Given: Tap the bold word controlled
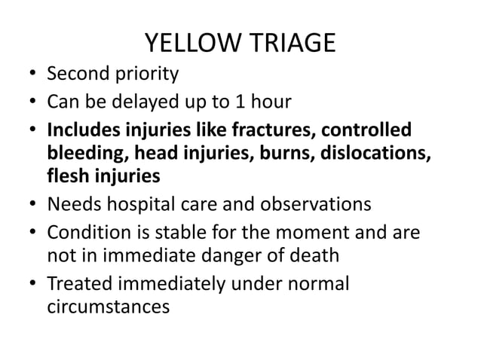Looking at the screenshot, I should (x=377, y=129).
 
